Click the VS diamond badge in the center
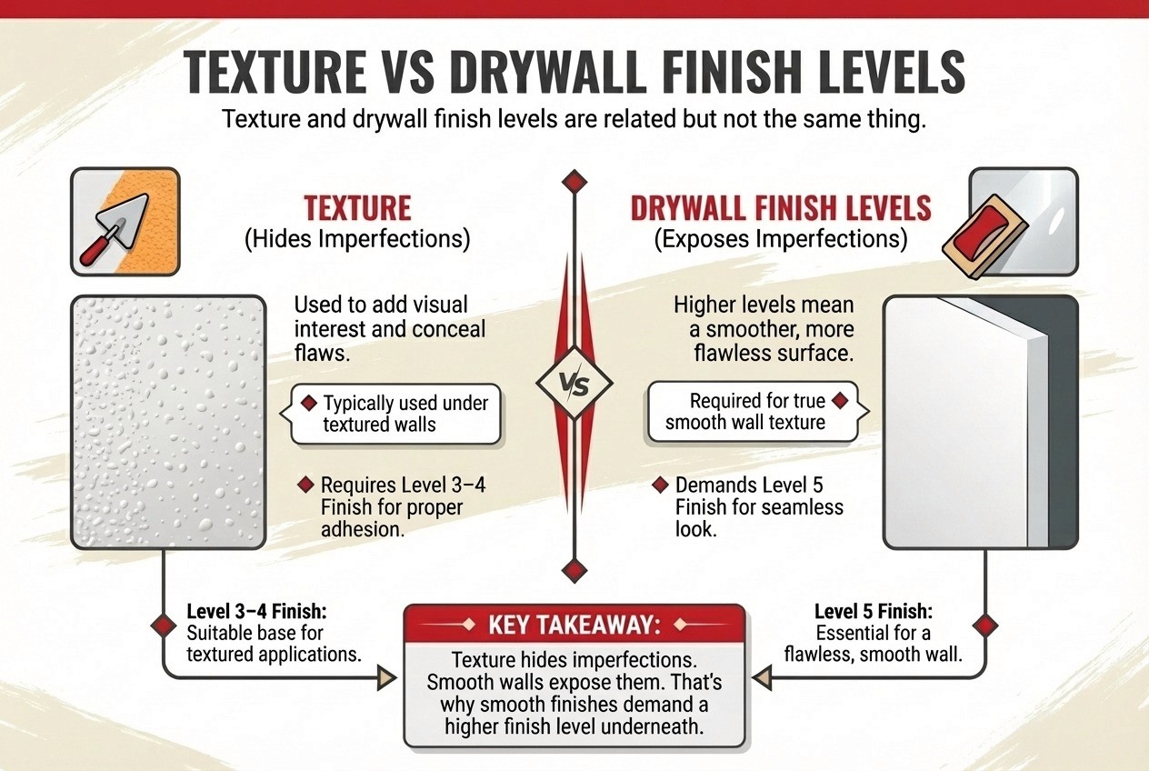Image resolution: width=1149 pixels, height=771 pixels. point(574,383)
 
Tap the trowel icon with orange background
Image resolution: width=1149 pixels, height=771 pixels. point(125,222)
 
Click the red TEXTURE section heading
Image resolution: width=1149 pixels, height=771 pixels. point(357,208)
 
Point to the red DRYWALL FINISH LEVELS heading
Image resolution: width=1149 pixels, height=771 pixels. point(781,208)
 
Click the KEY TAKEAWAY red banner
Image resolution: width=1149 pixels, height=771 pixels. point(574,625)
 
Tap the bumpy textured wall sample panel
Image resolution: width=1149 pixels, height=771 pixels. point(168,422)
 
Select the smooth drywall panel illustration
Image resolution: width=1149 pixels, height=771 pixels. point(980,422)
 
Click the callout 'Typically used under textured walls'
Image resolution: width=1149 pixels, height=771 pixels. point(395,414)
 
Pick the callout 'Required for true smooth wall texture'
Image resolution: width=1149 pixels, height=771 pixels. point(755,411)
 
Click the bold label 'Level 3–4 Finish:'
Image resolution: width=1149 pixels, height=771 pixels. point(256,612)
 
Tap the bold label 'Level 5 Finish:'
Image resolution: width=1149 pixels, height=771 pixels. point(873,612)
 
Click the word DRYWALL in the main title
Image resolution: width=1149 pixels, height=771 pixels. point(549,72)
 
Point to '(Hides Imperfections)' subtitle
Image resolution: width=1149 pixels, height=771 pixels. point(357,239)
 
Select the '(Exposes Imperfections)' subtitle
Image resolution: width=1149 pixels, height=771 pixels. point(781,239)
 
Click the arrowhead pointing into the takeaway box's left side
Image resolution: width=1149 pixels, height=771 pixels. point(386,677)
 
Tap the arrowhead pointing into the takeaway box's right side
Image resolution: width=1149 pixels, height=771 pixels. point(763,677)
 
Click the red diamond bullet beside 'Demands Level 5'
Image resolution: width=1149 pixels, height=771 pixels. point(660,485)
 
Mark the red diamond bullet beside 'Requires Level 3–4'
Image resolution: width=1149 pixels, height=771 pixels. point(305,485)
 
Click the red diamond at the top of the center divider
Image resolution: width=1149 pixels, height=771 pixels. point(574,182)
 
